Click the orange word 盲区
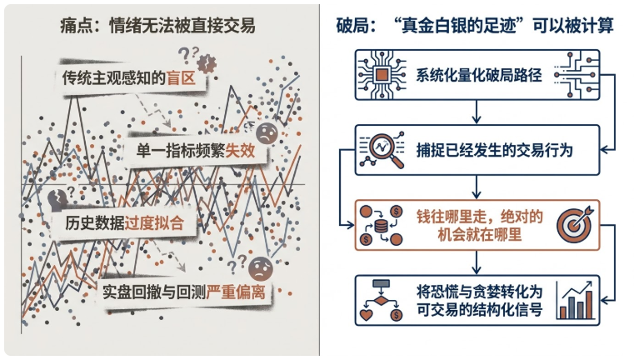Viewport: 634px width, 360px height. click(181, 78)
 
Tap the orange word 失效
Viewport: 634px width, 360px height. click(240, 151)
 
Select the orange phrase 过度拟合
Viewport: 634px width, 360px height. click(154, 222)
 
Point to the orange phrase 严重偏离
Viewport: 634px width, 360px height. click(236, 292)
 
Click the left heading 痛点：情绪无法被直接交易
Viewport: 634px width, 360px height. click(157, 26)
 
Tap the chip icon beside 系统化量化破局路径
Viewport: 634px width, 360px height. click(382, 75)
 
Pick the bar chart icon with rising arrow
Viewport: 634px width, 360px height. click(576, 301)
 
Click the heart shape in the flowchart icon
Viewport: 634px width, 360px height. click(366, 314)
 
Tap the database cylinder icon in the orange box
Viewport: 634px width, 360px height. click(381, 226)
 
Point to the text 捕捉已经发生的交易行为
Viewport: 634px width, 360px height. click(495, 150)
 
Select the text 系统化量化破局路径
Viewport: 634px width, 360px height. click(479, 75)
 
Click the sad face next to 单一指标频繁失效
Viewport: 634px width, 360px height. click(267, 133)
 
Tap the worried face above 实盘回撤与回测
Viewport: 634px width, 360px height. click(261, 268)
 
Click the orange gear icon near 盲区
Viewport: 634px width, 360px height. click(207, 63)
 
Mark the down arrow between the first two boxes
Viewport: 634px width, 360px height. click(477, 112)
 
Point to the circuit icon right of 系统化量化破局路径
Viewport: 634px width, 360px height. click(577, 75)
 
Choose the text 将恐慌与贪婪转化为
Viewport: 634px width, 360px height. click(479, 292)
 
